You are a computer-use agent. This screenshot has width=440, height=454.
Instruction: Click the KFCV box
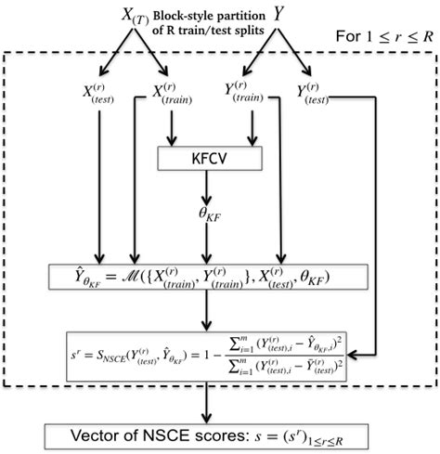point(211,159)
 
